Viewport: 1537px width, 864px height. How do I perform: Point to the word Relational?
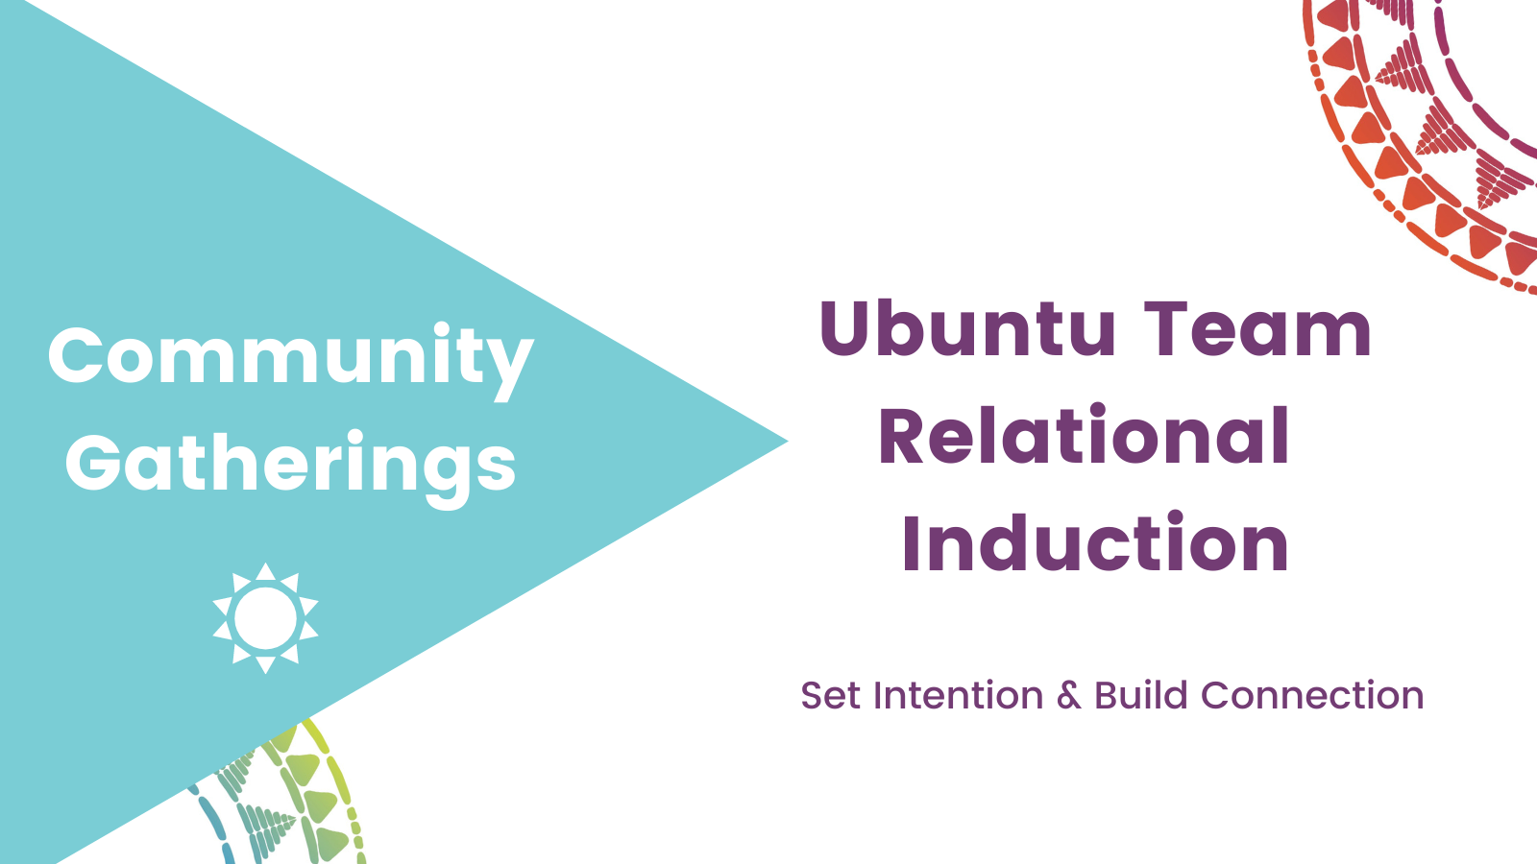[x=1084, y=436]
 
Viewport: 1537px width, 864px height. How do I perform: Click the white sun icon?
[x=265, y=618]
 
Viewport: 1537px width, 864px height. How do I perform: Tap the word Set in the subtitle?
[x=830, y=695]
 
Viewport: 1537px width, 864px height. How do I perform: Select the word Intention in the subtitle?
[x=959, y=695]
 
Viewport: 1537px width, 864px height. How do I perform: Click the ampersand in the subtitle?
[x=1069, y=696]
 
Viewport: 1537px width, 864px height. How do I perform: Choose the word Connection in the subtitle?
[x=1312, y=695]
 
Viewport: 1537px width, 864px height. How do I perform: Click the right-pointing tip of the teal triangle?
[x=787, y=442]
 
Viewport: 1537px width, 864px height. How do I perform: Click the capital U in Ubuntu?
[x=844, y=330]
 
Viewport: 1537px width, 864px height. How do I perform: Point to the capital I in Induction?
[x=911, y=541]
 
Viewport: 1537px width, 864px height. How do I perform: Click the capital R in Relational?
[x=902, y=436]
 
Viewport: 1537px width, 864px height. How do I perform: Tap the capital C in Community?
[x=76, y=355]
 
